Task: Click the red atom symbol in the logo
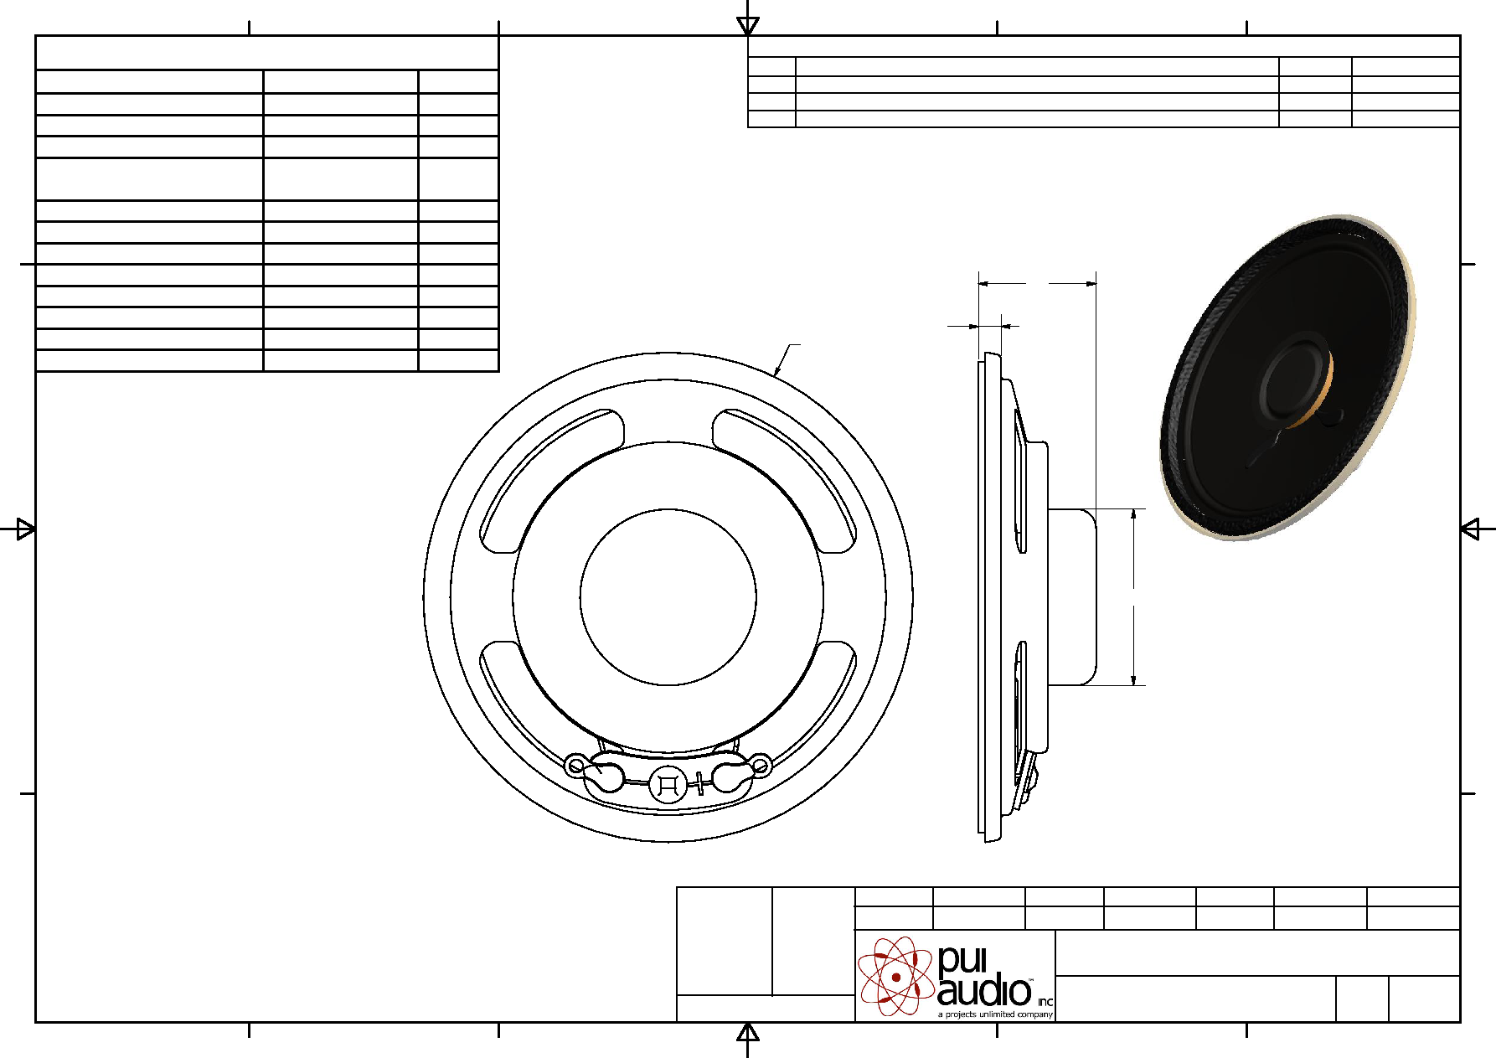pyautogui.click(x=895, y=976)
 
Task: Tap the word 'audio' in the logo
pyautogui.click(x=984, y=992)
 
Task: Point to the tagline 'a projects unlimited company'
pyautogui.click(x=995, y=1014)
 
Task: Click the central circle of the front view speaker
pyautogui.click(x=668, y=509)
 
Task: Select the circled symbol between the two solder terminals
pyautogui.click(x=668, y=785)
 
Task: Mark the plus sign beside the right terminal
pyautogui.click(x=699, y=784)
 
